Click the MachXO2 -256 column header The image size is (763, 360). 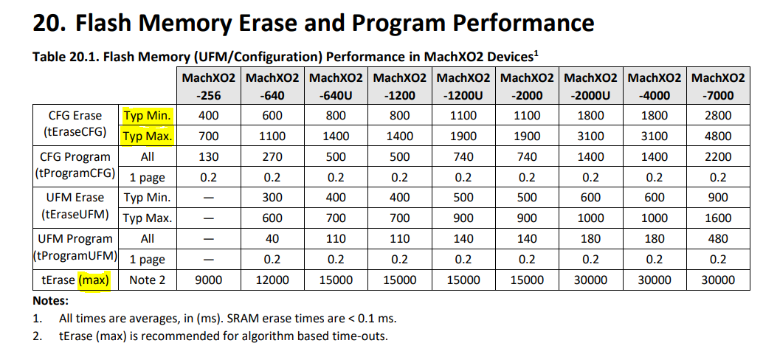[x=209, y=86]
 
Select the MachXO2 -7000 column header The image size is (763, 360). [x=717, y=86]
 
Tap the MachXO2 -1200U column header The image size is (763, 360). [x=463, y=86]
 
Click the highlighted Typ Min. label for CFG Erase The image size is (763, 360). [x=148, y=115]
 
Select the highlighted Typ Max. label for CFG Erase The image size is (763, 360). [x=148, y=136]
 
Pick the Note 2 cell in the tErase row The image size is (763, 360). [x=148, y=280]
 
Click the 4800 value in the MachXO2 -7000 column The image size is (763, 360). [x=717, y=136]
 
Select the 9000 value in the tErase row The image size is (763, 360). [x=209, y=280]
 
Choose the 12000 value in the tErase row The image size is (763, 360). [x=272, y=280]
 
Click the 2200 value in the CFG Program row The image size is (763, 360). [x=717, y=157]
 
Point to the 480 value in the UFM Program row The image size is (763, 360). [x=717, y=239]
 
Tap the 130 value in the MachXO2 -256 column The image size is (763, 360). [x=209, y=157]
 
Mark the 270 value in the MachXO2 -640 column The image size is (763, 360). [x=272, y=157]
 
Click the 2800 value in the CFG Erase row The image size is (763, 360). [x=717, y=115]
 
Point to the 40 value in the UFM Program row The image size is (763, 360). [x=272, y=239]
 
